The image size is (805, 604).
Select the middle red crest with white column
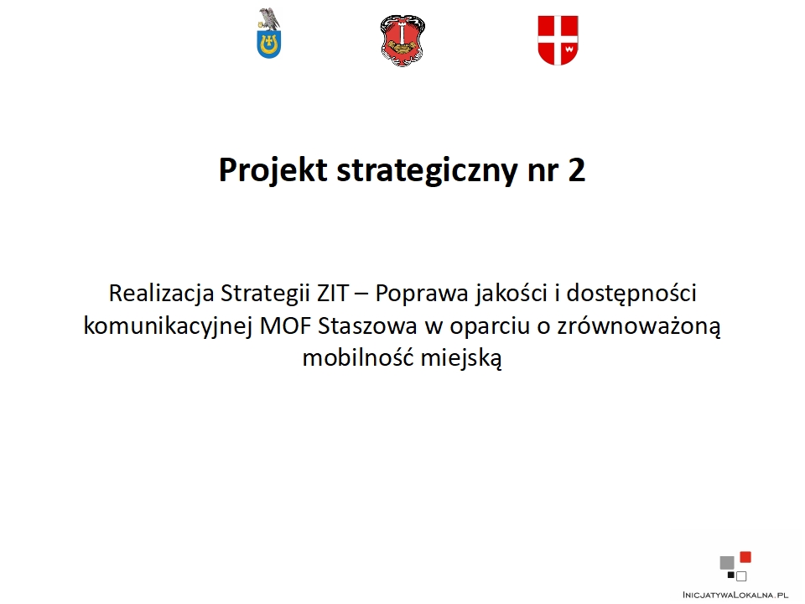pyautogui.click(x=403, y=40)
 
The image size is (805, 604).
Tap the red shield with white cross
pyautogui.click(x=558, y=40)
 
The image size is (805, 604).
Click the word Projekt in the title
pyautogui.click(x=273, y=169)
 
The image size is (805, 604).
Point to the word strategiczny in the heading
pyautogui.click(x=427, y=170)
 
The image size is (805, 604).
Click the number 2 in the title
pyautogui.click(x=577, y=170)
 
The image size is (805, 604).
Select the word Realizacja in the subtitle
pyautogui.click(x=161, y=294)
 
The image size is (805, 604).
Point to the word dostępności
pyautogui.click(x=631, y=294)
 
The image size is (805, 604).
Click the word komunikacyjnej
pyautogui.click(x=168, y=326)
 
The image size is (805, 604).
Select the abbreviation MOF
pyautogui.click(x=285, y=326)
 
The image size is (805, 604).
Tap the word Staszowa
pyautogui.click(x=367, y=326)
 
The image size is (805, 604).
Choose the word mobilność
pyautogui.click(x=358, y=357)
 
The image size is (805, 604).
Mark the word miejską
pyautogui.click(x=461, y=358)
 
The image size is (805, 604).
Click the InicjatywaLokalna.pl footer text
pyautogui.click(x=735, y=595)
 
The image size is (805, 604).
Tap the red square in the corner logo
pyautogui.click(x=745, y=557)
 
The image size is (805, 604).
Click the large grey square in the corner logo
pyautogui.click(x=727, y=563)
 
